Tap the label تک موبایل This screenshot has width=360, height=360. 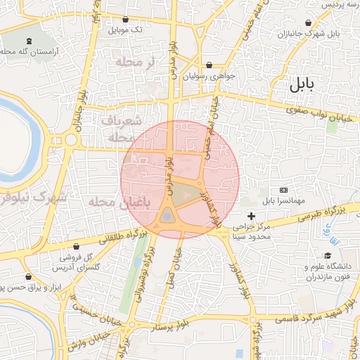[126, 31]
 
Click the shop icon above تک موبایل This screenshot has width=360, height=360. [126, 20]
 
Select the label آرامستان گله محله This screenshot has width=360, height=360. [32, 52]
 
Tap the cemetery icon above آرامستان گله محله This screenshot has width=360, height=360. [29, 41]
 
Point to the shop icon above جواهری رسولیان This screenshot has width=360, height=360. [209, 65]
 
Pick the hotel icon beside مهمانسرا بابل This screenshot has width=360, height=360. [283, 190]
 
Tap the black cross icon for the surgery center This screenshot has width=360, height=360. [251, 215]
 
